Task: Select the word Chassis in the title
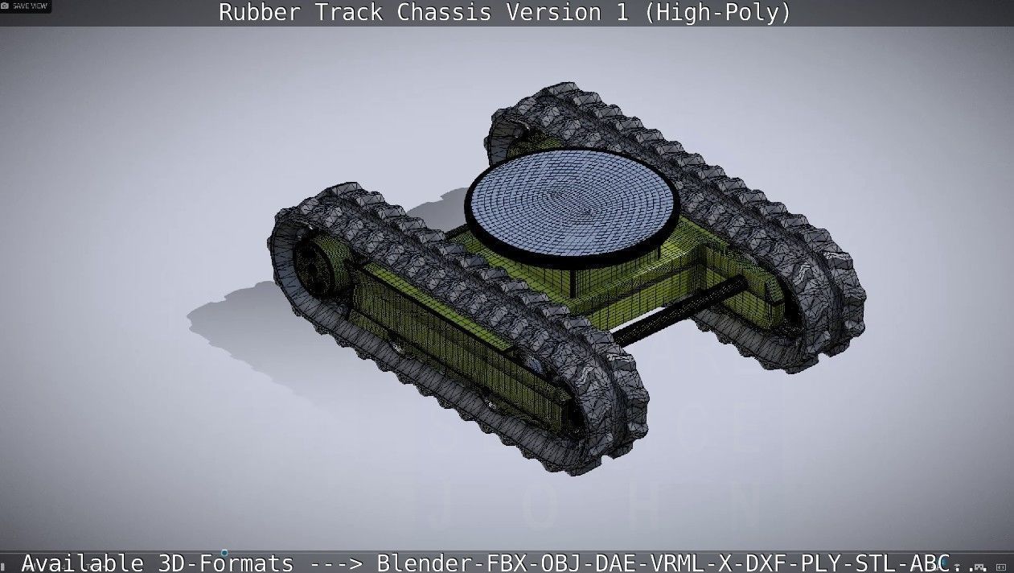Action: tap(450, 13)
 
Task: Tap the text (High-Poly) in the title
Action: tap(718, 13)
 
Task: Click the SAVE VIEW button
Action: tap(26, 6)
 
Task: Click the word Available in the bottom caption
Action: tap(83, 563)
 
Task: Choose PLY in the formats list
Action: tap(814, 563)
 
